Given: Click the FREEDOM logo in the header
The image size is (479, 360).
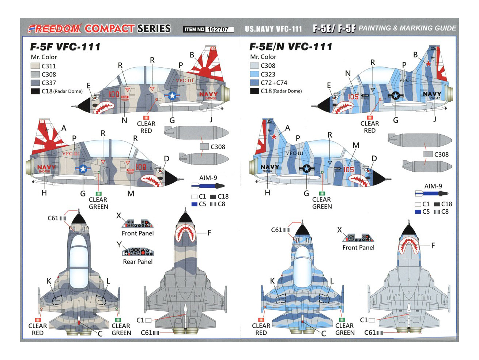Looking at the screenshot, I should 54,29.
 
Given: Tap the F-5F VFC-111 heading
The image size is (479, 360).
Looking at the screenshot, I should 65,47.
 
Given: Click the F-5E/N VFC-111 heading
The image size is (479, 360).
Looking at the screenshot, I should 291,47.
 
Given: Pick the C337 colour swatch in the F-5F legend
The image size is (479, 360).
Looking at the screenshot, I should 35,83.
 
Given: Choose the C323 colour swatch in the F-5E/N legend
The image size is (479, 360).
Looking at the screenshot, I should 254,74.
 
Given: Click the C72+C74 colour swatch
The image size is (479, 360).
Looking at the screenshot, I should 254,83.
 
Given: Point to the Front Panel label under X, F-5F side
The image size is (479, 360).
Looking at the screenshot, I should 138,233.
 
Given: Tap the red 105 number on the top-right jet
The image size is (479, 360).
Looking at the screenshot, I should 353,97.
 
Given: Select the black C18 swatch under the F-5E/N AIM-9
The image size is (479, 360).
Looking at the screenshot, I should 437,204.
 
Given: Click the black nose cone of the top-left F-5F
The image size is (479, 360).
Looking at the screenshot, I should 84,104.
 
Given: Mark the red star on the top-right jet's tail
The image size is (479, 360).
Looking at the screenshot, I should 429,64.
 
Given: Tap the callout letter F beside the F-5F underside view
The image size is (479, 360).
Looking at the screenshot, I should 209,233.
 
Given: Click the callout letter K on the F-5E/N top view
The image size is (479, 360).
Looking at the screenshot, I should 272,281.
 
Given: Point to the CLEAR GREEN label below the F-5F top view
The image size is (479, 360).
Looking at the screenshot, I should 121,329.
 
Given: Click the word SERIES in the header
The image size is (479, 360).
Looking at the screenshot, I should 154,29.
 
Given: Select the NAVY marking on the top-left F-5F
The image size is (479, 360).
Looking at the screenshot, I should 208,94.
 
